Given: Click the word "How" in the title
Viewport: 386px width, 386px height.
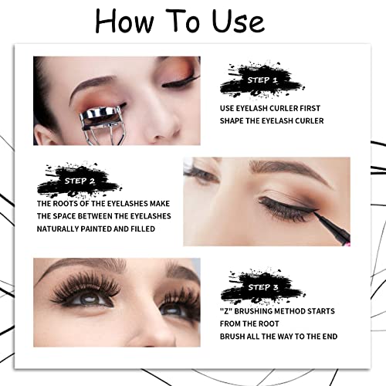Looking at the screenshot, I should pos(128,22).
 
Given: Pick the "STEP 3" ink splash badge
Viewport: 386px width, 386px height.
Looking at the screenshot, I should pos(257,286).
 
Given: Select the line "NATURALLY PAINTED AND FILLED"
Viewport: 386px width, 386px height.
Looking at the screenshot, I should pos(96,229).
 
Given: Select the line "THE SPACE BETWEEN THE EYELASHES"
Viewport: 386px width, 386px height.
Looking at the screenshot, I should pos(104,216).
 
